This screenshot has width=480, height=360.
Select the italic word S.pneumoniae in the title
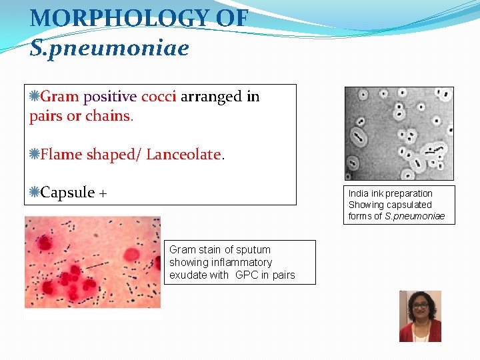[109, 48]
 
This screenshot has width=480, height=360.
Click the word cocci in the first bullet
[158, 97]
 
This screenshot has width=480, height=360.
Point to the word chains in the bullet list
[108, 116]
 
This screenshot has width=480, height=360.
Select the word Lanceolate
[183, 155]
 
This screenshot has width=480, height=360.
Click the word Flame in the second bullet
[59, 155]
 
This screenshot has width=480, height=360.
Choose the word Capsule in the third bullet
[67, 193]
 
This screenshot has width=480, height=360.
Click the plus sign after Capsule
[103, 194]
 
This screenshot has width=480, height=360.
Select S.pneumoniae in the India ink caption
[415, 216]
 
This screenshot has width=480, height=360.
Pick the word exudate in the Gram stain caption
[187, 275]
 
